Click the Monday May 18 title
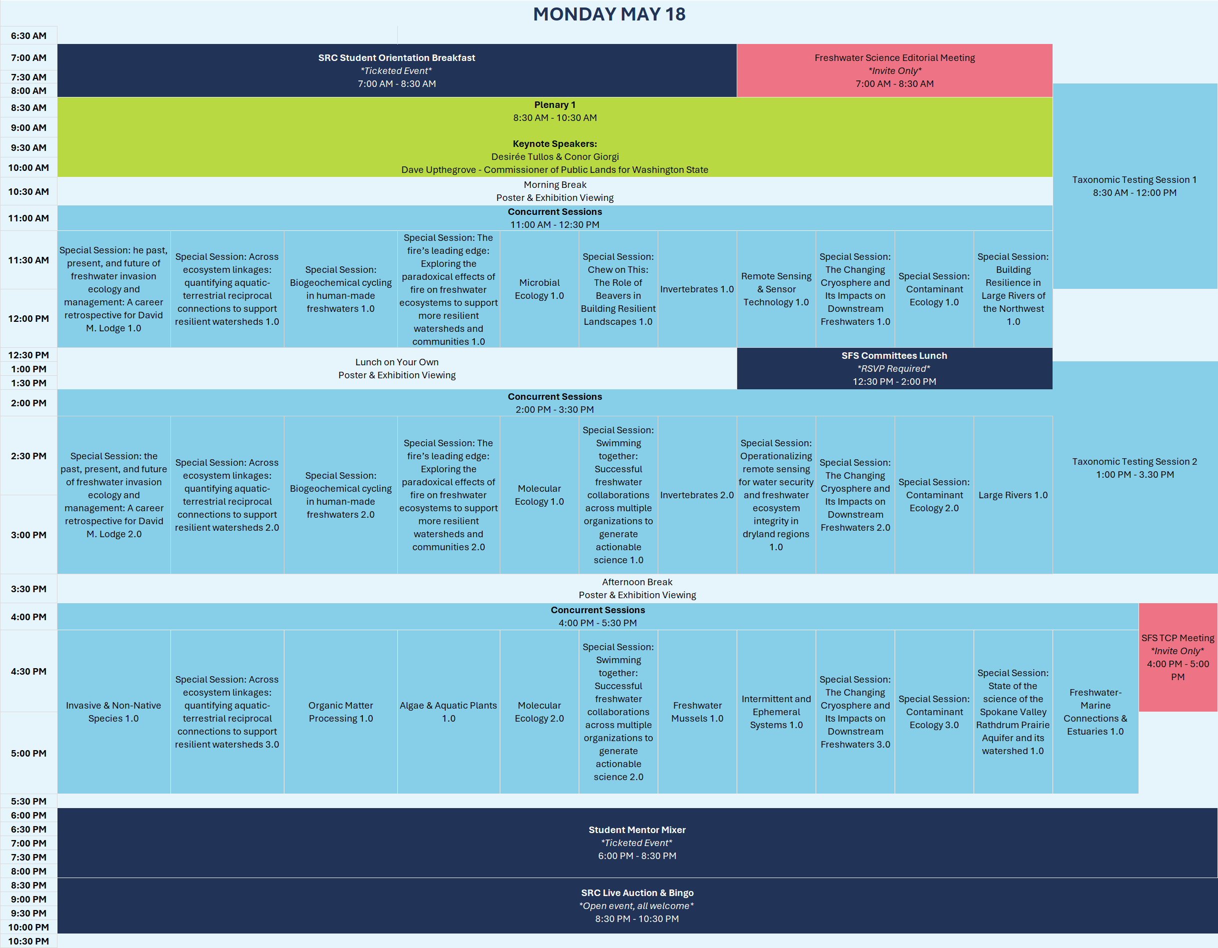click(x=609, y=14)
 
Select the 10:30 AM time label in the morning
click(x=28, y=192)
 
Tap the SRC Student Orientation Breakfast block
click(x=396, y=70)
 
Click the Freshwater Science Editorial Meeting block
click(x=894, y=70)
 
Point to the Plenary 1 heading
click(x=554, y=105)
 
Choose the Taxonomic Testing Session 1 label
click(x=1135, y=186)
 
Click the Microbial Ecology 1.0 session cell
click(x=539, y=289)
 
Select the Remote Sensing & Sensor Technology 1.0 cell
click(x=776, y=289)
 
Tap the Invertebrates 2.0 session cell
click(x=697, y=495)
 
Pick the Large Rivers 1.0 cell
click(x=1013, y=495)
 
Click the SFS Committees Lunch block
click(x=894, y=368)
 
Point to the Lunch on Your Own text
click(x=396, y=362)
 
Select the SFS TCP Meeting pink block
click(x=1178, y=657)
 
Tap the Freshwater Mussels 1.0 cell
click(x=697, y=712)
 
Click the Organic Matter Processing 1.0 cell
click(x=341, y=712)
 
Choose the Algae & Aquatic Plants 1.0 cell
click(x=448, y=712)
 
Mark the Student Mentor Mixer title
click(x=637, y=830)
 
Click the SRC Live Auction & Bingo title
click(x=637, y=893)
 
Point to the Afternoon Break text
click(x=637, y=582)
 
